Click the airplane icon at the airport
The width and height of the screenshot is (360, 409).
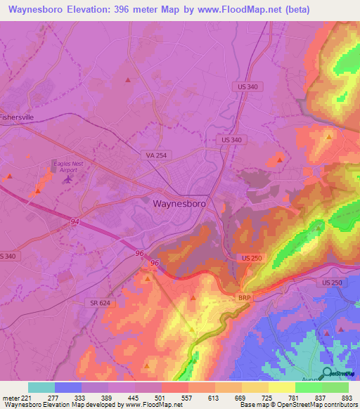click(x=68, y=179)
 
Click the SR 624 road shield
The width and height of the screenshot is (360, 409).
click(x=100, y=302)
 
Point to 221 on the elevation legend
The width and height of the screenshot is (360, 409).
click(x=22, y=397)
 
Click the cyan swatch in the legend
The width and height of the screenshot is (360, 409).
click(x=41, y=387)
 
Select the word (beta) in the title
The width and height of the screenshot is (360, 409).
click(x=328, y=10)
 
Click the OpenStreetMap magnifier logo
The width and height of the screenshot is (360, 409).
click(x=327, y=374)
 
